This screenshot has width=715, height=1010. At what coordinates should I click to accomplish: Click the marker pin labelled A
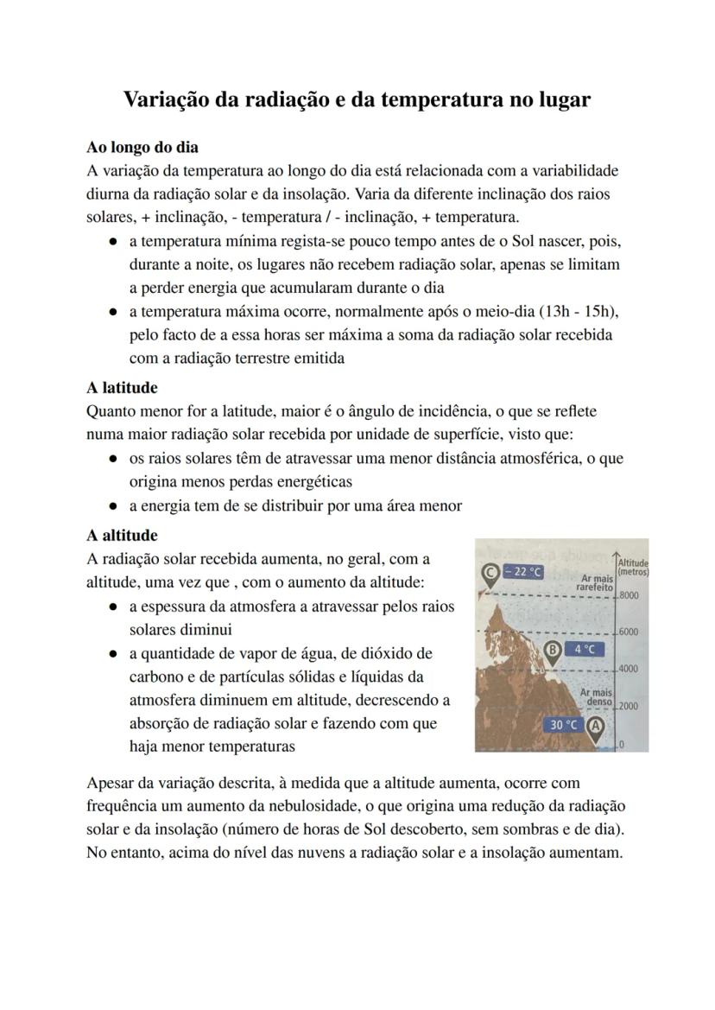click(596, 727)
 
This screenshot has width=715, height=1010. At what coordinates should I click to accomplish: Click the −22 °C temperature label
click(523, 572)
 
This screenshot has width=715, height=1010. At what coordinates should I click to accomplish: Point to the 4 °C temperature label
click(585, 650)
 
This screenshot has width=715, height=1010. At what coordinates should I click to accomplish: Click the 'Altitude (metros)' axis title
click(633, 567)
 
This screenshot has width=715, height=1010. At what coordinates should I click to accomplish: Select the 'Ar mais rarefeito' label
click(597, 583)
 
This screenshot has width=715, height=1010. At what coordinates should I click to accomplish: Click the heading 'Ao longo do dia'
click(142, 147)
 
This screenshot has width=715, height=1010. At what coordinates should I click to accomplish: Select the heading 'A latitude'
click(122, 388)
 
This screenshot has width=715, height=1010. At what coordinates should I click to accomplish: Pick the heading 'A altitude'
click(122, 536)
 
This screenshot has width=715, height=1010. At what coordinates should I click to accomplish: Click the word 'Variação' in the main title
click(165, 99)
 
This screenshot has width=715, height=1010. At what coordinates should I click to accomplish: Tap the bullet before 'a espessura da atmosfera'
click(113, 607)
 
